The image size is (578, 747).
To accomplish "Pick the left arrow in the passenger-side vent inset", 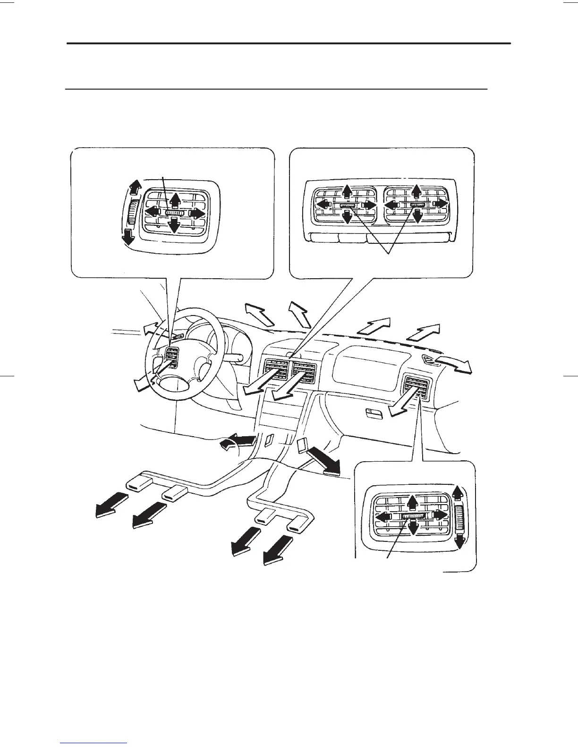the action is (x=383, y=517).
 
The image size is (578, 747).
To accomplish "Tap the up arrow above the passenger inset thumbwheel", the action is (x=458, y=492).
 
